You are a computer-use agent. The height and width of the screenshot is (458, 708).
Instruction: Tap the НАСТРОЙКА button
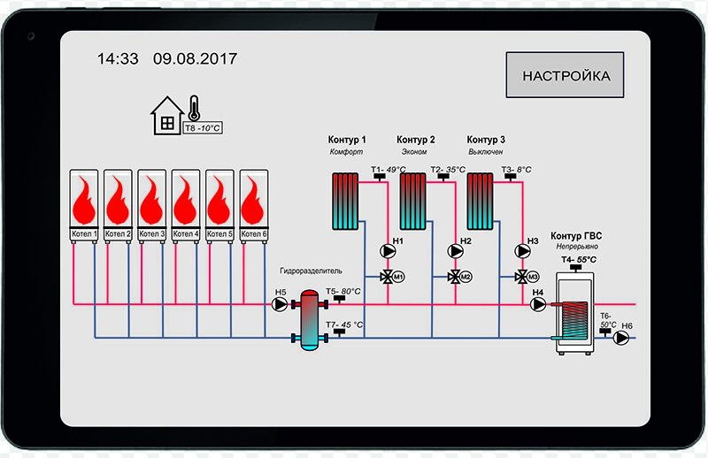pos(566,75)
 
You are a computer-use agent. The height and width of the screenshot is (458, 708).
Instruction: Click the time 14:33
pos(118,59)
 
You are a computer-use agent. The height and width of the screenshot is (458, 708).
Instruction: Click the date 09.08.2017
pos(195,59)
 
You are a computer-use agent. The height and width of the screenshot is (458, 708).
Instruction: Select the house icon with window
pos(165,116)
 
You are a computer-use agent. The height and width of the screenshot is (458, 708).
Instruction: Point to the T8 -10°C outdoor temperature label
pos(202,128)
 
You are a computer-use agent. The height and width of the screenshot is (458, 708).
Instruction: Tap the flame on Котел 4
pos(185,202)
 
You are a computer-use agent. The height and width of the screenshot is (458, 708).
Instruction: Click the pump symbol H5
pos(281,305)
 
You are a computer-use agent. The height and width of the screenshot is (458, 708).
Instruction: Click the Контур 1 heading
pos(346,140)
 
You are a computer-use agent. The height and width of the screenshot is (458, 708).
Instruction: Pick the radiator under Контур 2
pos(413,200)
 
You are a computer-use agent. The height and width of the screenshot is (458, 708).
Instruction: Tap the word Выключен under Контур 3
pos(486,152)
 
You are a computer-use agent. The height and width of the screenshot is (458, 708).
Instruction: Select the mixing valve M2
pos(455,277)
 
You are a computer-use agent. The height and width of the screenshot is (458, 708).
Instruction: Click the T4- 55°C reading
pos(579,259)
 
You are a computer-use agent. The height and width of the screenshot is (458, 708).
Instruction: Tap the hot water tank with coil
pos(573,314)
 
